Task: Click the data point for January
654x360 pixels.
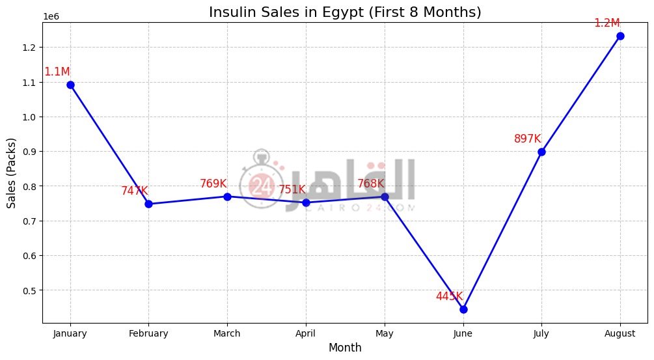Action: pos(70,85)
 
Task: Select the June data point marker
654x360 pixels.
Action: pos(463,309)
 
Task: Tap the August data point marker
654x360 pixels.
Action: pos(620,36)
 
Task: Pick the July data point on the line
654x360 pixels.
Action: pos(541,152)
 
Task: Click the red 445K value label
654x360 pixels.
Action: pos(449,296)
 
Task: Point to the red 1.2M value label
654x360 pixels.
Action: pos(606,23)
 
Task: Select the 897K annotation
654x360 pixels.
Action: pos(527,139)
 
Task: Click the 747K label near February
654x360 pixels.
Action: pos(134,191)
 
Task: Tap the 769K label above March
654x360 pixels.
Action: pos(213,184)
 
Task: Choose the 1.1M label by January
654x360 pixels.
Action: pos(57,72)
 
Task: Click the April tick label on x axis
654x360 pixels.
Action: pos(306,333)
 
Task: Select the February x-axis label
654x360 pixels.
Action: pos(148,333)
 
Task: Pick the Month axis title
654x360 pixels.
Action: pos(344,348)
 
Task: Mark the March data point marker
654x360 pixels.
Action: pos(227,197)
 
